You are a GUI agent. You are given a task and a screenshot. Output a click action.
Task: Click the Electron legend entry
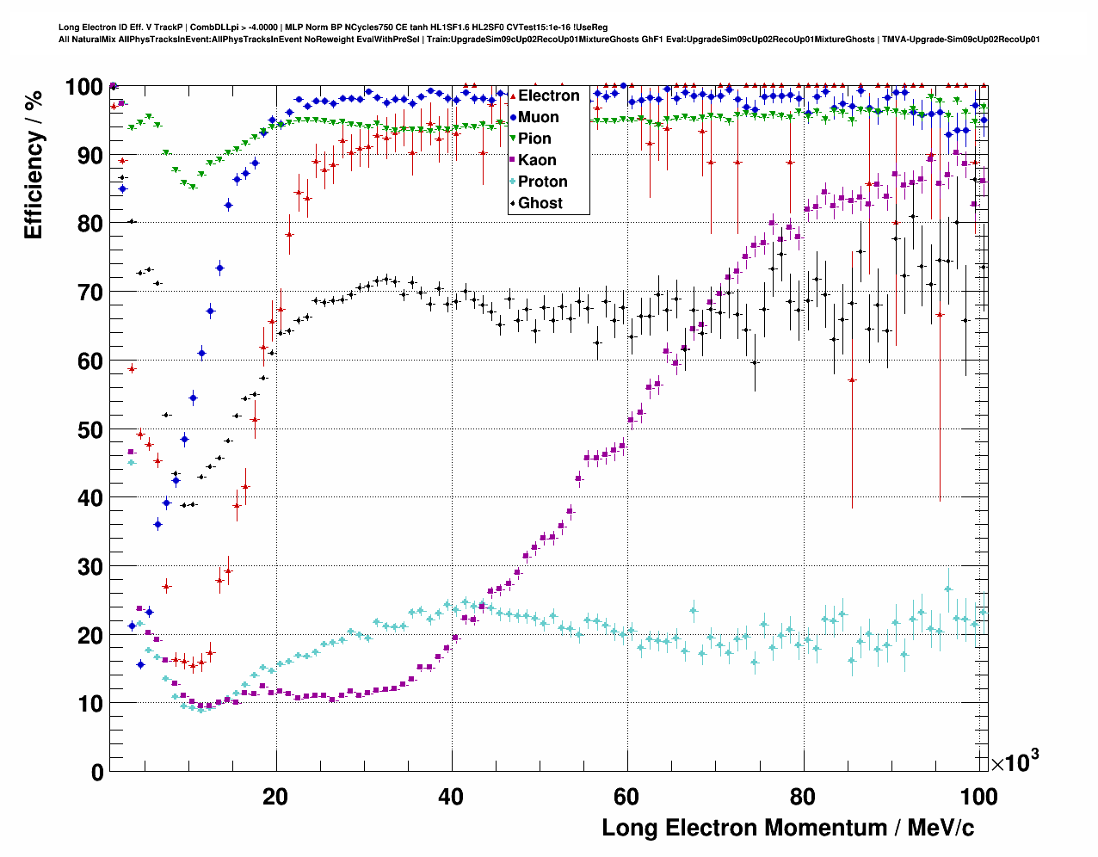[x=548, y=96]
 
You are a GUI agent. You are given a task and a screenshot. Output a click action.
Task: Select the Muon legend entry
[x=538, y=117]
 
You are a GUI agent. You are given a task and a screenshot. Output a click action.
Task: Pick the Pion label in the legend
[x=534, y=139]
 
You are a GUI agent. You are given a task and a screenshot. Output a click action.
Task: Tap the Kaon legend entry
[x=537, y=160]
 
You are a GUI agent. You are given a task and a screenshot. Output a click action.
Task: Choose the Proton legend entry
[x=542, y=182]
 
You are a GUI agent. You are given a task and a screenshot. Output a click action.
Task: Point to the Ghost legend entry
[x=540, y=203]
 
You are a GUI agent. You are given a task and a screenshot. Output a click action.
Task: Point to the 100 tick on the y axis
[x=83, y=87]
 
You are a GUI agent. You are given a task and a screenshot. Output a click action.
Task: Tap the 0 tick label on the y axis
[x=97, y=772]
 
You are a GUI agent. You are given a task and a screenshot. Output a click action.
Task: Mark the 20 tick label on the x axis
[x=275, y=797]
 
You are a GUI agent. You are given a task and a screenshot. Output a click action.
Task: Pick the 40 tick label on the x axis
[x=451, y=797]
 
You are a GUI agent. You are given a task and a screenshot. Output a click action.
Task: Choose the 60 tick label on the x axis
[x=626, y=797]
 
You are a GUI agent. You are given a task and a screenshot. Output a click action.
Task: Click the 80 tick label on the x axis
[x=803, y=797]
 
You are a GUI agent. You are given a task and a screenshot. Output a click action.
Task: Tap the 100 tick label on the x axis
[x=978, y=797]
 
